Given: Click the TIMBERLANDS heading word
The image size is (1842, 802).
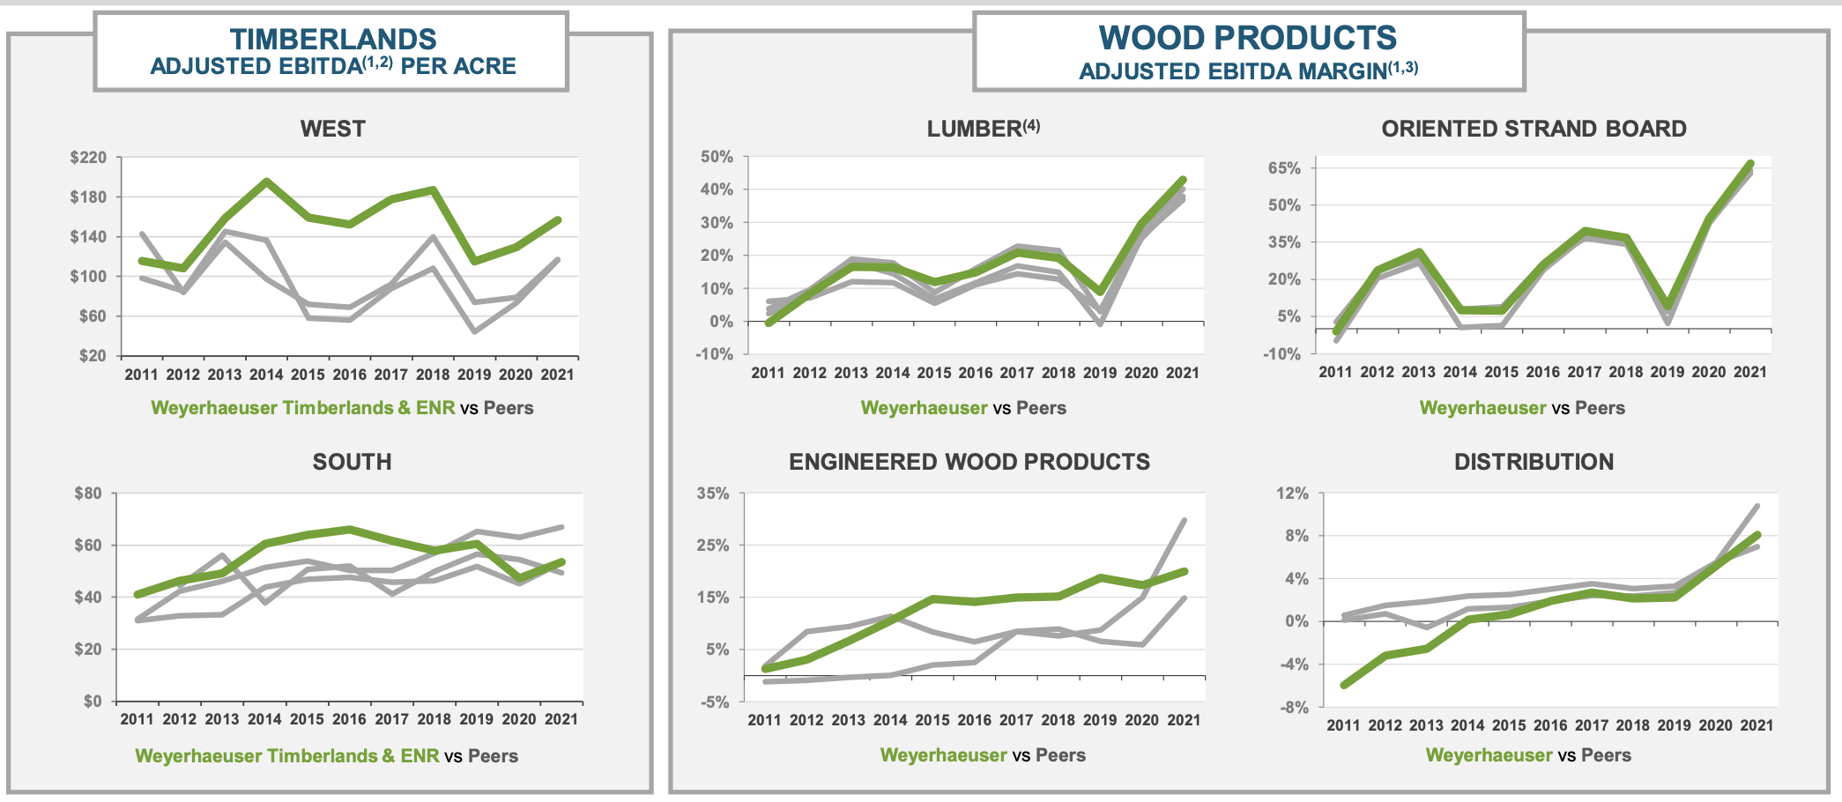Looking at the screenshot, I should coord(332,39).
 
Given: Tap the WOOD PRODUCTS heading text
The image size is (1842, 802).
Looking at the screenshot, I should coord(1247,38).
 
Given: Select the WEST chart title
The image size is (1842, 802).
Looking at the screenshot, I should coord(332,129).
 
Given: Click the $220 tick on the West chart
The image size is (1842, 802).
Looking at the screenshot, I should coord(88,158).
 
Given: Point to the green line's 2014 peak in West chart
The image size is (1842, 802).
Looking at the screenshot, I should coord(266,182).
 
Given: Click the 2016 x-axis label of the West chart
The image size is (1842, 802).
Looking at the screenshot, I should coord(349,375).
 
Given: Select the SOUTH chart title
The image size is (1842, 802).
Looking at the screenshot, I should coord(352,462).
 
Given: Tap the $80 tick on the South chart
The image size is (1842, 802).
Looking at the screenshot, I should coord(88,494).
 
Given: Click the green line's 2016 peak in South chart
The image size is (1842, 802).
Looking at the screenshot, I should coord(349,529).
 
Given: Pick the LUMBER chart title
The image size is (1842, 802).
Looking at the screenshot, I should coord(973,129).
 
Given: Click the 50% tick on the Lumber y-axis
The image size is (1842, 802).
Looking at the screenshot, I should coord(717,157).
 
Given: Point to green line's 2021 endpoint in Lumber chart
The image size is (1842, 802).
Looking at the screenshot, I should coord(1184,180).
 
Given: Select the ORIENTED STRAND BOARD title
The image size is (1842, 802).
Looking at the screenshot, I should coord(1534,129).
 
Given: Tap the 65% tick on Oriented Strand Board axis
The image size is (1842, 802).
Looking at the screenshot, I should coord(1284,167).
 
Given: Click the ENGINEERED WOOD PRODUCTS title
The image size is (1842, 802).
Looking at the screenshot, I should coord(969,462).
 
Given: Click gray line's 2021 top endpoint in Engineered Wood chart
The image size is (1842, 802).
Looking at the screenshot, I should coord(1185,520).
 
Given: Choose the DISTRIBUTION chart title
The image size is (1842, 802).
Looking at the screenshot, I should coord(1534,462).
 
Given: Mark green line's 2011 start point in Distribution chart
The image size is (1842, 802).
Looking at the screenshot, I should coord(1343,685).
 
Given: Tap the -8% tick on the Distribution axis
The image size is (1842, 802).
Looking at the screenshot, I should coord(1292,708).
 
